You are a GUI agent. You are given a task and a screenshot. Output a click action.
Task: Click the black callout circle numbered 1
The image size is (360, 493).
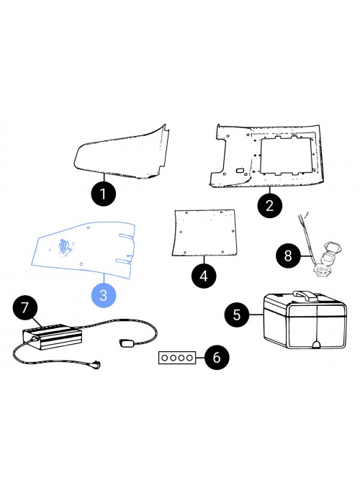(x=104, y=194)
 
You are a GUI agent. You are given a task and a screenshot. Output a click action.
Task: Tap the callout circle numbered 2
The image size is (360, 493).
(x=269, y=205)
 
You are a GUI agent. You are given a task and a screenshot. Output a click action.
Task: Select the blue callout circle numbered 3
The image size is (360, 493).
(x=104, y=295)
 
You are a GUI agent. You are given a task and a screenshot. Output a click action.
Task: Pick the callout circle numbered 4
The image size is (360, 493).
(x=204, y=276)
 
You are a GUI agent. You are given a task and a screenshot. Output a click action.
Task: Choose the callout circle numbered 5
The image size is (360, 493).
(x=237, y=315)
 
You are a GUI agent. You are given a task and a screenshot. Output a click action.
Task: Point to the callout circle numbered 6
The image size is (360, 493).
(x=217, y=358)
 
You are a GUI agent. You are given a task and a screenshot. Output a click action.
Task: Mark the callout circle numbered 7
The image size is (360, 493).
(x=25, y=308)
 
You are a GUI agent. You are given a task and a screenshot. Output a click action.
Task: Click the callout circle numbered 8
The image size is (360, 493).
(x=288, y=255)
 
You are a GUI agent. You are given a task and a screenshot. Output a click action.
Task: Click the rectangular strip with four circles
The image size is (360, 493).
(x=177, y=358)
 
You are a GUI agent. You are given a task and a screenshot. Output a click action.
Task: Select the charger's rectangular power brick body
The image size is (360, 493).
(x=52, y=337)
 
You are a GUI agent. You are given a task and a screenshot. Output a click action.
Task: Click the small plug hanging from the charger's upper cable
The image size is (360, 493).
(x=127, y=343)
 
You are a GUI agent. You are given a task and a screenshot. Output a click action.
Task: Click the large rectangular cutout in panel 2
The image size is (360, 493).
(x=286, y=155)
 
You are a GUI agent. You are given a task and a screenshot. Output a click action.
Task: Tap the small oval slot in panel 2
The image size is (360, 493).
(x=240, y=171)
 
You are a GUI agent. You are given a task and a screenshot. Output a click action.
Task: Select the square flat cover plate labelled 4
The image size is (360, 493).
(x=204, y=232)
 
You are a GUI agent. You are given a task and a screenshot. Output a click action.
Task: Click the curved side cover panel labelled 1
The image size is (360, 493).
(x=122, y=153)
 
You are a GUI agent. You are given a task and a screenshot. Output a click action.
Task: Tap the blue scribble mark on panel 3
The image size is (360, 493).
(x=65, y=247)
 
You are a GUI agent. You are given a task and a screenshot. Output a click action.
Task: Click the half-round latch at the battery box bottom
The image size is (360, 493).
(x=317, y=344)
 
